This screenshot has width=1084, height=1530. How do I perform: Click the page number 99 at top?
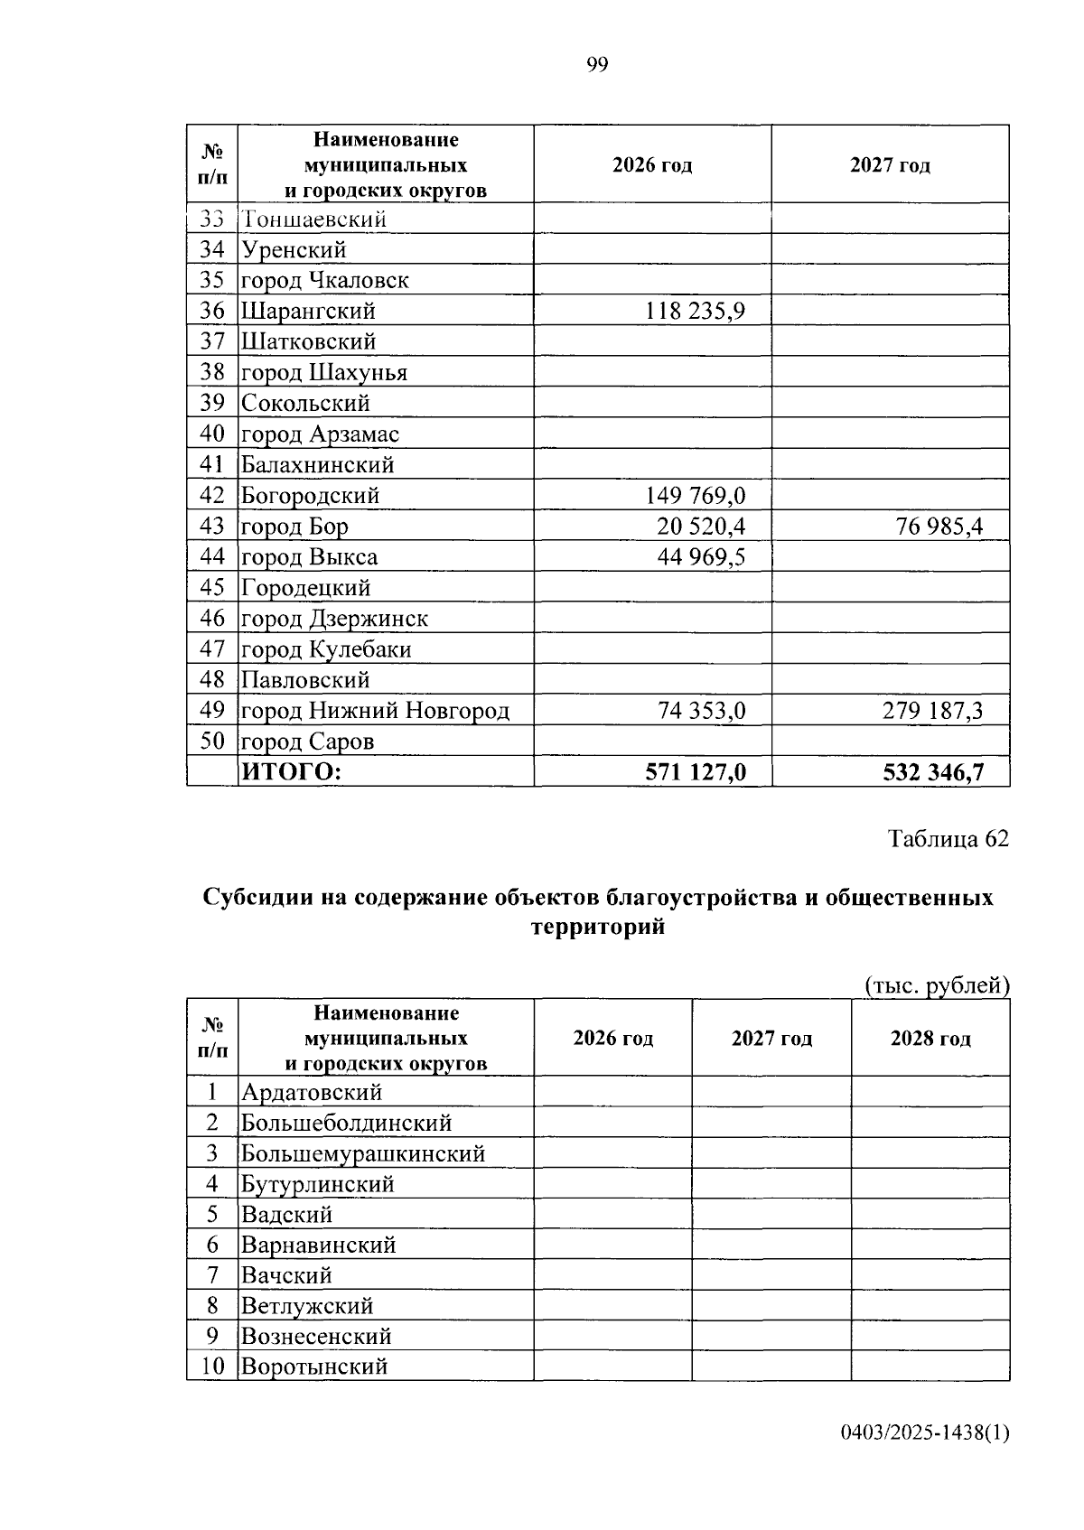tap(597, 64)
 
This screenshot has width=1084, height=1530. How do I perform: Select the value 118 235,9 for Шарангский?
tap(695, 312)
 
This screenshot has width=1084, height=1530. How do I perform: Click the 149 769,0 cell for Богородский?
tap(695, 496)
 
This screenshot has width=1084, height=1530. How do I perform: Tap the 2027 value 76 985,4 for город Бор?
tap(939, 527)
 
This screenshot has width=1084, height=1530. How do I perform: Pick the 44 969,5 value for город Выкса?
tap(701, 557)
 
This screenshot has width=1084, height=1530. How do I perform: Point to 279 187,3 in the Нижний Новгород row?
tap(932, 711)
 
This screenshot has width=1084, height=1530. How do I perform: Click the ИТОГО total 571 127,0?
tap(695, 772)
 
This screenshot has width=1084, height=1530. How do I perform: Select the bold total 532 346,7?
tap(932, 772)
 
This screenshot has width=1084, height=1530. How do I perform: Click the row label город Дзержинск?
tap(334, 619)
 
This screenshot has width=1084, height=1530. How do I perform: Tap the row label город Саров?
tap(307, 742)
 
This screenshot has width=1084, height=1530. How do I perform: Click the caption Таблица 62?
tap(948, 839)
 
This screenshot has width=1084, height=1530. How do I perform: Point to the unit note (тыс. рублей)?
tap(936, 985)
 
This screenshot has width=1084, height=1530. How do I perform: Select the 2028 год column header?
tap(930, 1038)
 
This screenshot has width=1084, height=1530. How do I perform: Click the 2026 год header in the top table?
tap(652, 165)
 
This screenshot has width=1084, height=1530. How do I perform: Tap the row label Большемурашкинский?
tap(363, 1153)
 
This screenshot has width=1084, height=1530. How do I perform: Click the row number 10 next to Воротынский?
tap(212, 1366)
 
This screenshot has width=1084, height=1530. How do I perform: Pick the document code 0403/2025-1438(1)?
tap(924, 1432)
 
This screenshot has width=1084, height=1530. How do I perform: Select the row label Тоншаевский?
tap(313, 219)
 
